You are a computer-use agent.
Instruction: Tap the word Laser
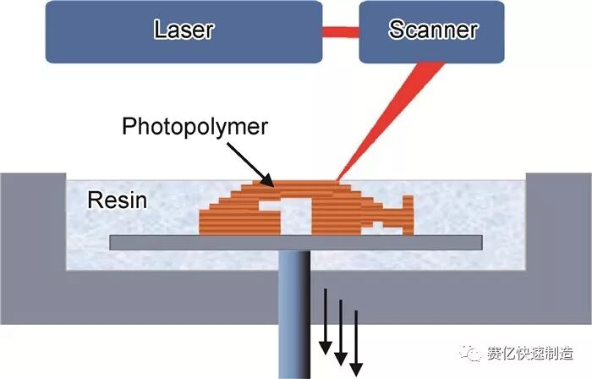(184, 30)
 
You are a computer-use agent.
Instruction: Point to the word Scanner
(433, 30)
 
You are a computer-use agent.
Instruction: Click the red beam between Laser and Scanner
(341, 32)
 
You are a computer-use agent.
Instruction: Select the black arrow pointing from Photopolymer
(249, 164)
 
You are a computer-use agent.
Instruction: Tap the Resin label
(118, 200)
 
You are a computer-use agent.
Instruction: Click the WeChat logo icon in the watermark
(470, 354)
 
